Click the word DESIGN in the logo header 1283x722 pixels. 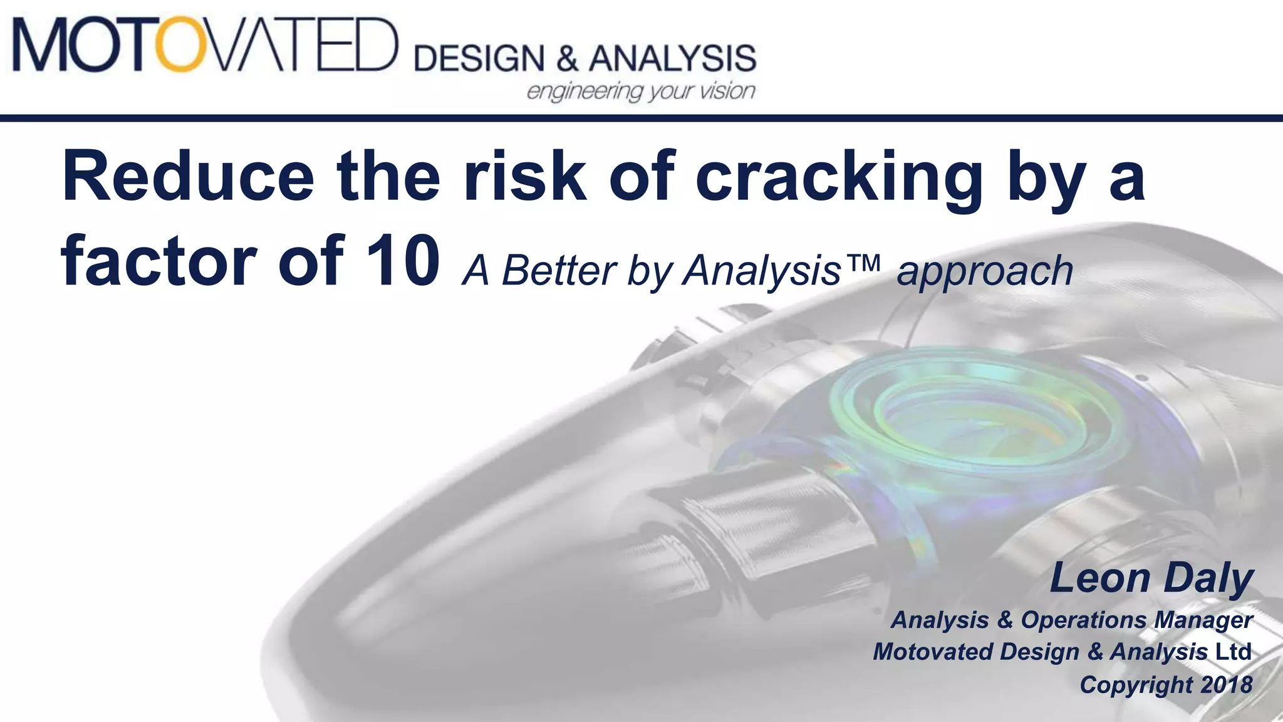(479, 59)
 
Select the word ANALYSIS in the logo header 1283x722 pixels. (672, 59)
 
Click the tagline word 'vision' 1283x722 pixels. (727, 91)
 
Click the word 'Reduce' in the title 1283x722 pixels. (188, 177)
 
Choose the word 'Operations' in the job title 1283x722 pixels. (1084, 620)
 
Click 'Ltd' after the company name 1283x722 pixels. (1233, 652)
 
